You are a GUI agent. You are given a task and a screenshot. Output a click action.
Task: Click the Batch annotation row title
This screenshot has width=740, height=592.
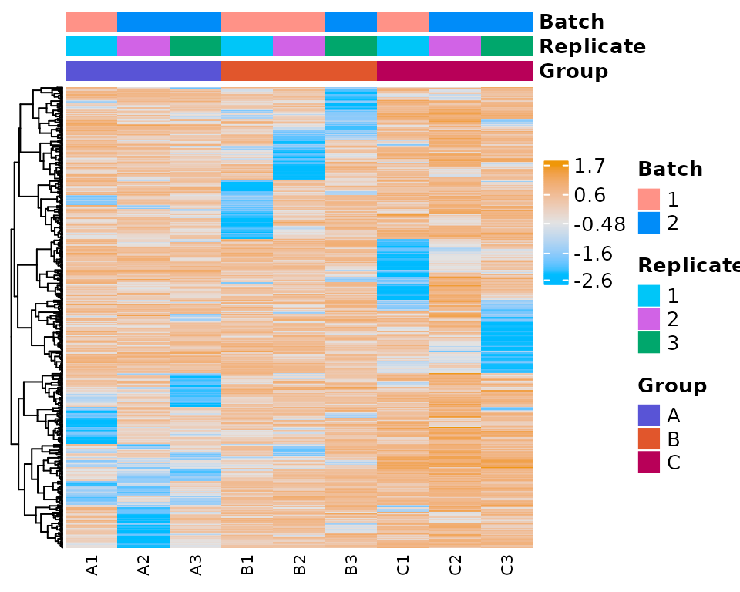coord(571,22)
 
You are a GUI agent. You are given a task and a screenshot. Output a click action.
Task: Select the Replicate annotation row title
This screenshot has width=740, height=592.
coord(592,46)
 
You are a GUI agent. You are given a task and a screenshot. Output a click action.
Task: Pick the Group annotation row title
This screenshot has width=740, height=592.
coord(573,72)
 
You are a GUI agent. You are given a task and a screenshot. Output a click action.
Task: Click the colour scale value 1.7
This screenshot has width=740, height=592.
coord(590,166)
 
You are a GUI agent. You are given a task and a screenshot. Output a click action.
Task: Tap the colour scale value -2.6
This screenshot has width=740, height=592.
coord(594,281)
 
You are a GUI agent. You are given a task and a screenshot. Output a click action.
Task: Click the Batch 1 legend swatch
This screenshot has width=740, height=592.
coord(649,200)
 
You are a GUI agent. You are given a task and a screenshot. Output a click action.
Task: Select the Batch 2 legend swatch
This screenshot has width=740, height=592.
coord(649,223)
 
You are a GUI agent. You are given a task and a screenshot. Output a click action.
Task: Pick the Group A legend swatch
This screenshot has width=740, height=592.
coord(649,415)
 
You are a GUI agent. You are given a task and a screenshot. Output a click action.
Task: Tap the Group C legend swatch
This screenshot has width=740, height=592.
coord(649,462)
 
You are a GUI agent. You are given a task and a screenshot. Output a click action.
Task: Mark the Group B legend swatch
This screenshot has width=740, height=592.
coord(649,439)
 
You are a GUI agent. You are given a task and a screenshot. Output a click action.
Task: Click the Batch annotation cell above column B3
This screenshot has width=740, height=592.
coord(351,22)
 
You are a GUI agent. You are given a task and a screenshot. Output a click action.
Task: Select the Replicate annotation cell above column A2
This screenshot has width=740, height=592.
coord(143,46)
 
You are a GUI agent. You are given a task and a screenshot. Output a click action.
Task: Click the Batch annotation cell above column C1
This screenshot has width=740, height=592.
coord(402,22)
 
